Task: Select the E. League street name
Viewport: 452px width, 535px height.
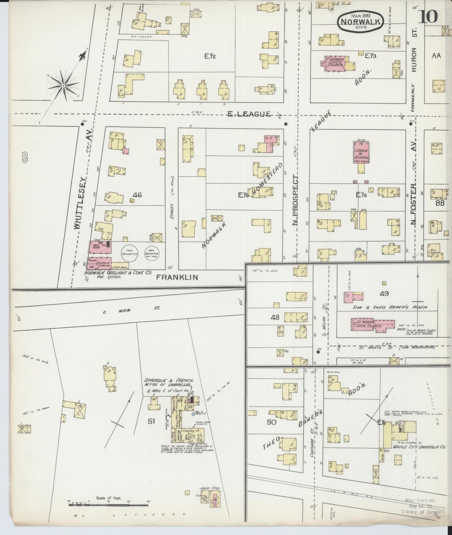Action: coord(249,115)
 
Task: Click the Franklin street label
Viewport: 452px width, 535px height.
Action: coord(177,277)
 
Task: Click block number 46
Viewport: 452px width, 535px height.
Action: coord(137,195)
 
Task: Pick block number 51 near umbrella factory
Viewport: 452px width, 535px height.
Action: coord(151,421)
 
